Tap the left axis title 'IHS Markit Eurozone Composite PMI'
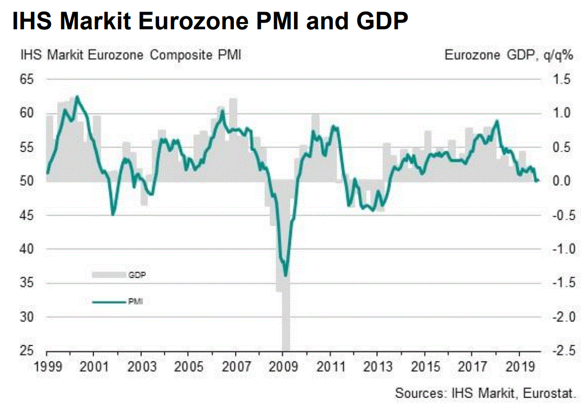pyautogui.click(x=130, y=55)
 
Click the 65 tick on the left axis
pyautogui.click(x=26, y=80)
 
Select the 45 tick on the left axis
pyautogui.click(x=26, y=216)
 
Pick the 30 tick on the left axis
pyautogui.click(x=26, y=317)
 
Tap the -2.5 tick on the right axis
pyautogui.click(x=560, y=351)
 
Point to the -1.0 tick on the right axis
pyautogui.click(x=560, y=250)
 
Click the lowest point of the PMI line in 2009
pyautogui.click(x=285, y=276)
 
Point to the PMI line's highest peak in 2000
pyautogui.click(x=77, y=96)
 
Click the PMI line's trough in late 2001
pyautogui.click(x=113, y=214)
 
